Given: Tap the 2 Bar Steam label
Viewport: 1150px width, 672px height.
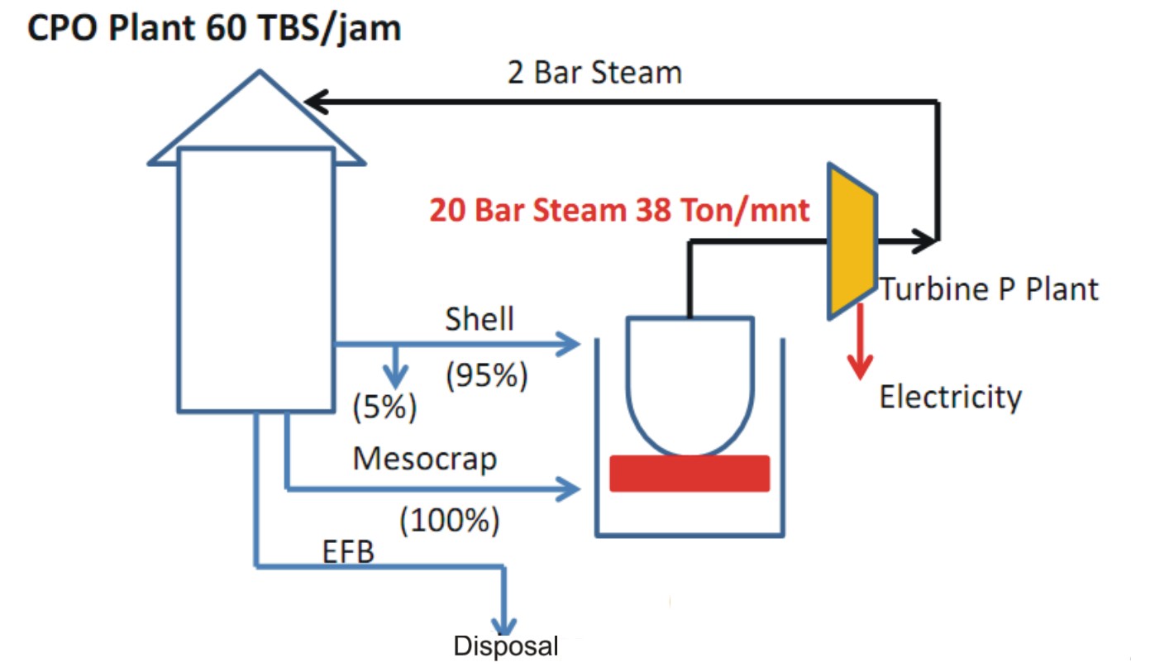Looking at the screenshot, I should click(594, 73).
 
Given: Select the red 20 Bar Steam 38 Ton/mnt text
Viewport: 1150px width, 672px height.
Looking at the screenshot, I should click(619, 210).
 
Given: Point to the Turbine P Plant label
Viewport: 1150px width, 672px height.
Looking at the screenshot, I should click(989, 289).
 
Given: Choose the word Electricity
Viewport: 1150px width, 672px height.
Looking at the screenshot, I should click(950, 398).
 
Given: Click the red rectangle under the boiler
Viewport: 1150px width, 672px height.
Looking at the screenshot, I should click(690, 474).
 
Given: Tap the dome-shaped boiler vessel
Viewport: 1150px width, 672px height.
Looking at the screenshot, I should click(690, 380).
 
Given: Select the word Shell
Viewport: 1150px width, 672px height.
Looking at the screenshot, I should click(480, 319).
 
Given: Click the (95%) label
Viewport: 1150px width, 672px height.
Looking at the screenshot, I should click(486, 376).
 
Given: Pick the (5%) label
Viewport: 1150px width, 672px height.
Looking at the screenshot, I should click(384, 407).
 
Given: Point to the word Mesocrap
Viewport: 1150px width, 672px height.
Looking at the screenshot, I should click(425, 458).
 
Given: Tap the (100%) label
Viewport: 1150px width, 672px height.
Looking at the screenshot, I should click(450, 520).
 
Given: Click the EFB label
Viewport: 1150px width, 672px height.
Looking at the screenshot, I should click(348, 551).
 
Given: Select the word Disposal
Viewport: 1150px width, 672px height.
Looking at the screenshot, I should click(506, 646).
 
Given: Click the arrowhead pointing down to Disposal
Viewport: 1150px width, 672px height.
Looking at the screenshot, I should click(504, 624).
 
